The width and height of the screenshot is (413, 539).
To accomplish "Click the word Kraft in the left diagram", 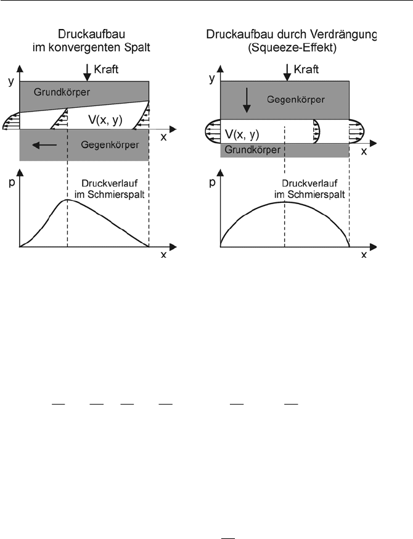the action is [x=106, y=69].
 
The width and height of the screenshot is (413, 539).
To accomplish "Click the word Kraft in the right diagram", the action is [x=306, y=69].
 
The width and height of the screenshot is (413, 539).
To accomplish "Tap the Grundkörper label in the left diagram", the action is [x=62, y=92].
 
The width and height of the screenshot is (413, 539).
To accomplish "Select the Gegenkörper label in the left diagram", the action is [x=110, y=145].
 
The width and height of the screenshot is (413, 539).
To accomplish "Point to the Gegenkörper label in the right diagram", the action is [x=296, y=100].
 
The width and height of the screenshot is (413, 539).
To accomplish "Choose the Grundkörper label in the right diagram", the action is [x=253, y=150].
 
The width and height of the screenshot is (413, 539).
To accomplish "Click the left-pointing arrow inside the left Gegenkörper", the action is [x=44, y=145].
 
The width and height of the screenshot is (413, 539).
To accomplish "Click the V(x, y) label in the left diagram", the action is [x=105, y=120].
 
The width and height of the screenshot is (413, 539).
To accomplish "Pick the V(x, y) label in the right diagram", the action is [x=242, y=134].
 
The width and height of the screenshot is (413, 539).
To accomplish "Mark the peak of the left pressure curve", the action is [x=68, y=199].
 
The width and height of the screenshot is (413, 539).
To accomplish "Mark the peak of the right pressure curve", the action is [x=285, y=202].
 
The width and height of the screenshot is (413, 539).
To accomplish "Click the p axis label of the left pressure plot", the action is [x=12, y=183].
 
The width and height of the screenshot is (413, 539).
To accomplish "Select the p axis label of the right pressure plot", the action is [x=212, y=183].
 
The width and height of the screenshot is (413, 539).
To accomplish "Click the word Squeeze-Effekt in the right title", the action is [x=292, y=47].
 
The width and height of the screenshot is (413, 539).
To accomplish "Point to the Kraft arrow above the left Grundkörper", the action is [x=88, y=72].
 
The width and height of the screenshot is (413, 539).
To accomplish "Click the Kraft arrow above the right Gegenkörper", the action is [x=287, y=72].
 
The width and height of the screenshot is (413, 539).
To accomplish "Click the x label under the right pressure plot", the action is [x=364, y=255].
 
